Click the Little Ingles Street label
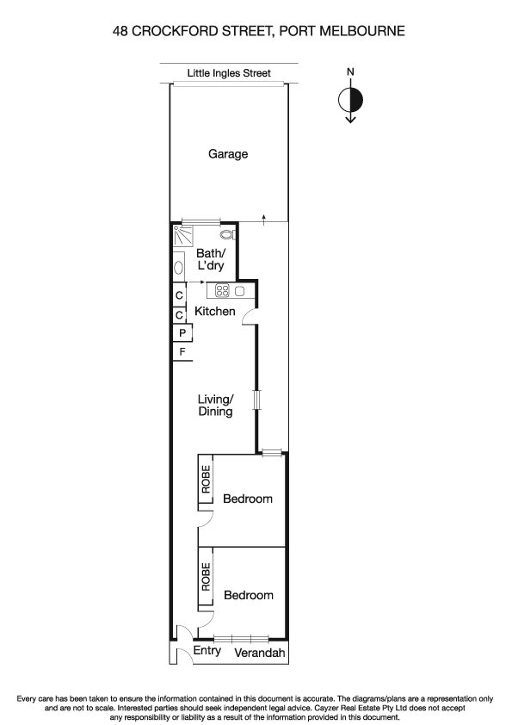click(229, 74)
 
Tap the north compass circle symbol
click(350, 100)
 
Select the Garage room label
click(228, 154)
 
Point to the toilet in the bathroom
click(226, 234)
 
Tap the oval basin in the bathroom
click(179, 268)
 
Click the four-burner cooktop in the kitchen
click(222, 291)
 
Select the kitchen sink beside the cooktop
click(240, 291)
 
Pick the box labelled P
click(182, 333)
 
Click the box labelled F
click(182, 352)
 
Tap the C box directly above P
click(179, 315)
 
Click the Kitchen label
click(214, 311)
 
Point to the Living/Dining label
click(216, 406)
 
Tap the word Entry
click(207, 652)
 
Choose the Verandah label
click(257, 653)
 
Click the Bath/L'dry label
click(210, 260)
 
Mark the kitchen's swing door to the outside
click(250, 315)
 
